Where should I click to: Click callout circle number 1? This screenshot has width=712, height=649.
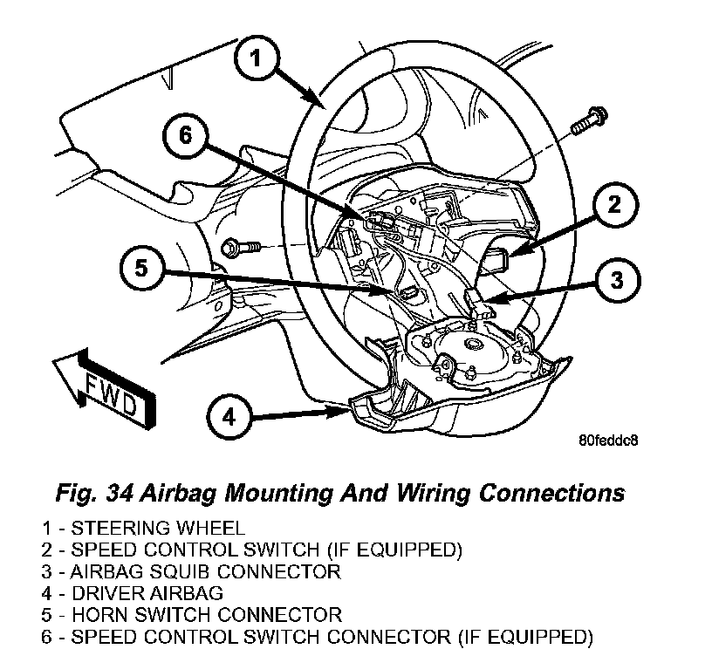click(257, 58)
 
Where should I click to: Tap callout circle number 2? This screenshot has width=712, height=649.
click(614, 205)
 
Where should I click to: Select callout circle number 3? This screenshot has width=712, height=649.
click(617, 279)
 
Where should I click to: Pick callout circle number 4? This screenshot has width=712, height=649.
click(229, 417)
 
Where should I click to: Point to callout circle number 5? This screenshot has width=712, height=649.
click(142, 268)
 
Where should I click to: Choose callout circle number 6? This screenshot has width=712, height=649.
click(186, 135)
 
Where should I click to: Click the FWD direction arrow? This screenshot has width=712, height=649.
click(105, 388)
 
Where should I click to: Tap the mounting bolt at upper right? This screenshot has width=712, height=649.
click(589, 121)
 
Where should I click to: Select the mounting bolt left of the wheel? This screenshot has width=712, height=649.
click(241, 248)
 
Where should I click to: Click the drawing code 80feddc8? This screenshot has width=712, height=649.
click(608, 441)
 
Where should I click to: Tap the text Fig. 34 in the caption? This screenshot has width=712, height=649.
click(94, 494)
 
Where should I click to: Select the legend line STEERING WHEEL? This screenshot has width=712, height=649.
click(143, 529)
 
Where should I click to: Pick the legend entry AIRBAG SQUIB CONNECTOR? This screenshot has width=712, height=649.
click(191, 571)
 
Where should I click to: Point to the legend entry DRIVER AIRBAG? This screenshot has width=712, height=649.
click(133, 593)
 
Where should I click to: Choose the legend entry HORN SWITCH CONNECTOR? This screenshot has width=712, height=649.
click(192, 615)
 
